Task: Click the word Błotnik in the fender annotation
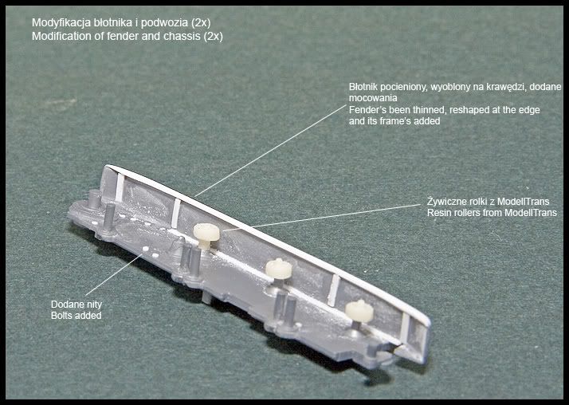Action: point(362,87)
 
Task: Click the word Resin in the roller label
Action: point(438,213)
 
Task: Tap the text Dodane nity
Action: point(77,305)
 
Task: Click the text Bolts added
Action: point(77,316)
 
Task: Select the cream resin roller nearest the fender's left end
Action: point(206,234)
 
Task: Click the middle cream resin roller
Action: point(278,269)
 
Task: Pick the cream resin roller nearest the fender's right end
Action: point(359,312)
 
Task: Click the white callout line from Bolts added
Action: point(114,275)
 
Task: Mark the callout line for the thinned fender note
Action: point(271,151)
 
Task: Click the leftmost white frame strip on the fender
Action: point(120,187)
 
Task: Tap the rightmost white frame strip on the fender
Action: point(404,324)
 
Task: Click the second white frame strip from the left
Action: point(175,214)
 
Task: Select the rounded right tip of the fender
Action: point(427,322)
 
